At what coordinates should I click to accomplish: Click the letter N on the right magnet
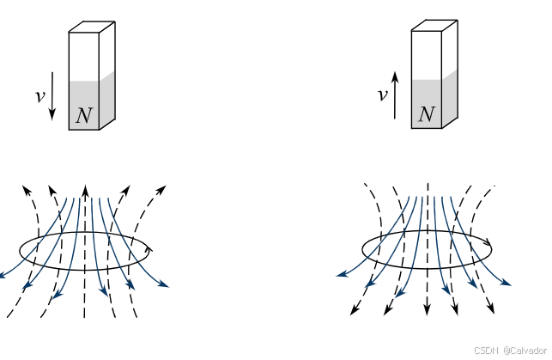tap(426, 115)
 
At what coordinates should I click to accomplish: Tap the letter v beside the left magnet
tap(39, 96)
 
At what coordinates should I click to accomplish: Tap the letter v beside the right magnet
tap(382, 95)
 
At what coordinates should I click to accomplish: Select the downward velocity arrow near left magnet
tap(53, 96)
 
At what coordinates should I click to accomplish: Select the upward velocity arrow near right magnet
tap(396, 95)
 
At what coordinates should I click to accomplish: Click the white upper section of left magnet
tap(84, 57)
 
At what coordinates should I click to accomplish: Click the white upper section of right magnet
tap(427, 55)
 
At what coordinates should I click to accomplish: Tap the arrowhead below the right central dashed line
tap(428, 311)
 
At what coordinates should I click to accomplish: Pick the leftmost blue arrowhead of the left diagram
tap(3, 277)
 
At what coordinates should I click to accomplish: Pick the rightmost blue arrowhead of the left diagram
tap(165, 284)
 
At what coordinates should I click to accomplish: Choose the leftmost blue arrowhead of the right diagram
tap(341, 275)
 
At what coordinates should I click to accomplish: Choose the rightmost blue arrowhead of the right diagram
tap(507, 284)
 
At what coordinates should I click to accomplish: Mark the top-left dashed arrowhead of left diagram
tap(25, 187)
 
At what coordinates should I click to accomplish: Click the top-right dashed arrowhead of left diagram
tap(161, 186)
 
